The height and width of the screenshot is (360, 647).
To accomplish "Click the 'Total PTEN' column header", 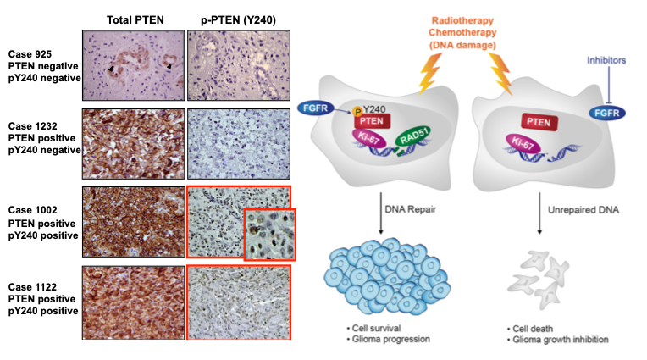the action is pos(135,19).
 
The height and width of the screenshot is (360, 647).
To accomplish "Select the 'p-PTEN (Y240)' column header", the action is pos(239,19).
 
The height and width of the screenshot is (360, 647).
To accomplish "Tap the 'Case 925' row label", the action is pos(30,54).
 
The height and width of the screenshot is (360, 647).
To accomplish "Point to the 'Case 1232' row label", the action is pos(32,126).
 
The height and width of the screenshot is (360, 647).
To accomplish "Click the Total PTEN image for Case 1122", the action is pos(133,302).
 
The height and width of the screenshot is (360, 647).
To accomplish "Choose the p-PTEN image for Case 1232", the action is pos(239,144).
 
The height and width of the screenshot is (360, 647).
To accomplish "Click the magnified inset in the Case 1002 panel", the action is pos(270,235).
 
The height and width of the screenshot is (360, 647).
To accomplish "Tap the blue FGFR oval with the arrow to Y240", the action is pos(315,108).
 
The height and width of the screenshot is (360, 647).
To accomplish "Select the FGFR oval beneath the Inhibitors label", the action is pos(607,113).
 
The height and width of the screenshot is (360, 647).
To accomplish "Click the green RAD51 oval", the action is pos(413,136).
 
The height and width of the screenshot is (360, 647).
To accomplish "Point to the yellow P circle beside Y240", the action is pos(357,112).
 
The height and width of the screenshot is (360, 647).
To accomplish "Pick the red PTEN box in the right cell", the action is pos(539,122).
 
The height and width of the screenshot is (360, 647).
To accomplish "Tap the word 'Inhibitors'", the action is pos(606,60).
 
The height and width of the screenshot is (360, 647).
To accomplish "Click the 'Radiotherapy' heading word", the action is pos(462,20).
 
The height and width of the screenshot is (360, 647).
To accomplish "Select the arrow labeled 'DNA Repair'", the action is pos(381,213).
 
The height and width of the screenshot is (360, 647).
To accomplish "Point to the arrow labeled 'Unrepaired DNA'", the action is pos(539,213).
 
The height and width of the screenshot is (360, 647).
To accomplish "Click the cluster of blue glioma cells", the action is pos(387,275).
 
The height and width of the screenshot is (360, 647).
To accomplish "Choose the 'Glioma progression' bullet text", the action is pos(390,340).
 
